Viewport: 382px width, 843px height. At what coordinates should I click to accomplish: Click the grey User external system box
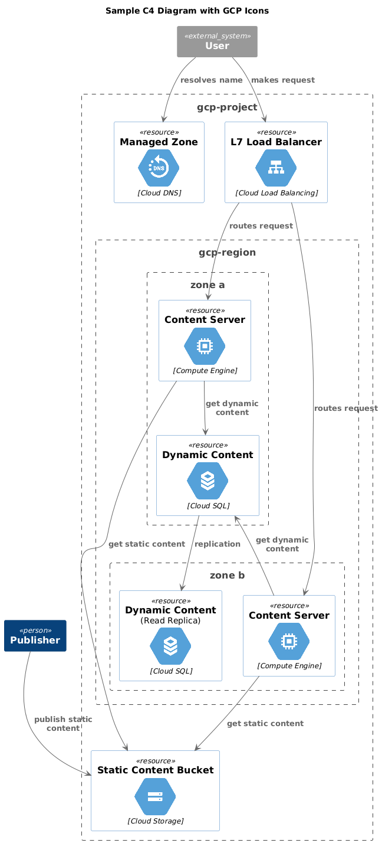tap(217, 41)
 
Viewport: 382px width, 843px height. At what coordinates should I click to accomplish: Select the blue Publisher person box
tap(35, 636)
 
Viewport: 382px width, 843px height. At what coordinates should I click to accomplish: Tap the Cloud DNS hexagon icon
tap(159, 168)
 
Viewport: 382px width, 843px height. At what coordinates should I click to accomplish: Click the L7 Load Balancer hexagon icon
tap(276, 168)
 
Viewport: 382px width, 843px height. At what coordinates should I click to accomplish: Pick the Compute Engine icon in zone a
tap(205, 346)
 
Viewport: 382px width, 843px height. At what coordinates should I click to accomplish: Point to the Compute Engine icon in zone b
tap(289, 641)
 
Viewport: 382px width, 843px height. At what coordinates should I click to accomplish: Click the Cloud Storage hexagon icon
tap(155, 797)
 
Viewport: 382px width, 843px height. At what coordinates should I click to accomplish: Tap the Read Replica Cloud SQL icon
tap(170, 646)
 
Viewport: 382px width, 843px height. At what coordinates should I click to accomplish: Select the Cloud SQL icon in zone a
tap(208, 481)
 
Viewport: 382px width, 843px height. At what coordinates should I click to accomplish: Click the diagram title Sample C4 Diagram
tap(187, 11)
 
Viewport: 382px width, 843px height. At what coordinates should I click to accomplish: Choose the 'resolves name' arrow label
tap(211, 80)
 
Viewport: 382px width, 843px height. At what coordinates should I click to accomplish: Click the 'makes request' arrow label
tap(283, 80)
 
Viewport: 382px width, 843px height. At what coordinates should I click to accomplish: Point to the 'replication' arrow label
tap(218, 544)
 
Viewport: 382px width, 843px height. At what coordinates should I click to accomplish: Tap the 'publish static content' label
tap(63, 724)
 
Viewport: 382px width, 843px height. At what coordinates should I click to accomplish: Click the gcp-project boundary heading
tap(227, 107)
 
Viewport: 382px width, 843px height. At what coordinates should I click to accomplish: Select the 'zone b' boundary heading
tap(227, 576)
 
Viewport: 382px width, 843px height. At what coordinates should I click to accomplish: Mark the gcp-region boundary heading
tap(227, 252)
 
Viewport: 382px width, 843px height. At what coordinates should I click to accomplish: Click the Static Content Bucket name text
tap(155, 770)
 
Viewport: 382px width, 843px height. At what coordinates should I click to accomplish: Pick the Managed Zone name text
tap(159, 142)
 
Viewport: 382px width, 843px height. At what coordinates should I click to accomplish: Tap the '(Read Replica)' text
tap(170, 620)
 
